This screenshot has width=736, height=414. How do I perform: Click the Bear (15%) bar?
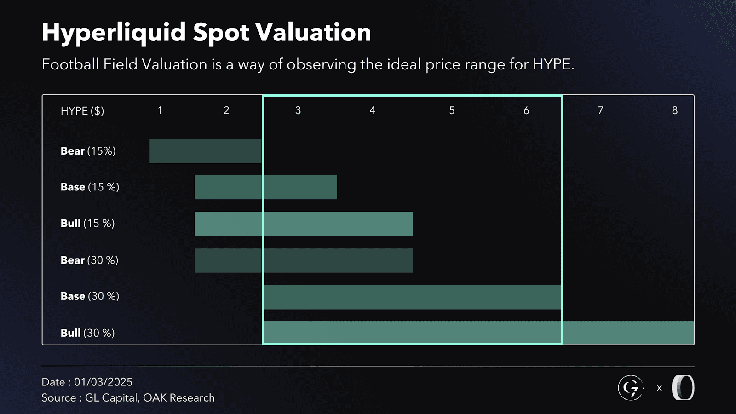tap(205, 151)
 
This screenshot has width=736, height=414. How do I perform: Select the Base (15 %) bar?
tap(265, 187)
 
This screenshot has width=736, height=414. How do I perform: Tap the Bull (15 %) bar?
tap(304, 224)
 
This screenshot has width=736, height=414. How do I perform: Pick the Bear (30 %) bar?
tap(304, 260)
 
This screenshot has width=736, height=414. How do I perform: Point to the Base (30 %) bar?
tap(413, 297)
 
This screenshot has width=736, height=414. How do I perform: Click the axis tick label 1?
tap(160, 110)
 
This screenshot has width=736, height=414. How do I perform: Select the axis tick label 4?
tap(372, 110)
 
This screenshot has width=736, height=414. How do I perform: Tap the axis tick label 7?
tap(600, 110)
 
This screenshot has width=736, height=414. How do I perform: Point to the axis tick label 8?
tap(674, 110)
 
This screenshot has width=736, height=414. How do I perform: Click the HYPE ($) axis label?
tap(82, 111)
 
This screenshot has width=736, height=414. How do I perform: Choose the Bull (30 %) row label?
tap(87, 333)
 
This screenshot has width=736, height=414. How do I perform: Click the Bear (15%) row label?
tap(88, 151)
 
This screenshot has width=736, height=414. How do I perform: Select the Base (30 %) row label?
tap(90, 296)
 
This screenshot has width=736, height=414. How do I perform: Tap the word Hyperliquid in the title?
tap(114, 33)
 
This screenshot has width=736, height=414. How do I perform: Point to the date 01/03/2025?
tap(103, 382)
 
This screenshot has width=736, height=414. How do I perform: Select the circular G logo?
tap(630, 388)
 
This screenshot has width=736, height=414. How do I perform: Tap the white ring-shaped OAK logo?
tap(683, 387)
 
